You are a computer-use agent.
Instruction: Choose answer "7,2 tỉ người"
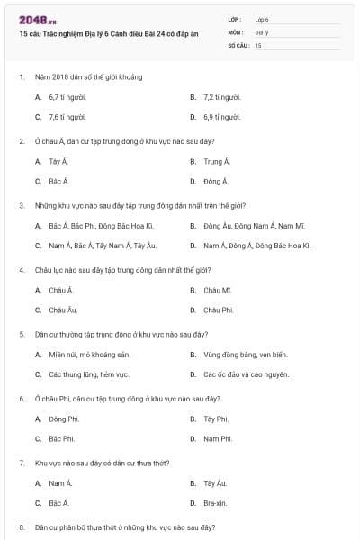pyautogui.click(x=221, y=96)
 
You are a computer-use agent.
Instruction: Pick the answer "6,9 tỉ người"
pyautogui.click(x=221, y=117)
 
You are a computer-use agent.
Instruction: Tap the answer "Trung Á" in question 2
pyautogui.click(x=216, y=161)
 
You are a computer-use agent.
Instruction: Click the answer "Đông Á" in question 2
pyautogui.click(x=216, y=181)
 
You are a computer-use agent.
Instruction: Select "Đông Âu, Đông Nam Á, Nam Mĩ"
pyautogui.click(x=254, y=225)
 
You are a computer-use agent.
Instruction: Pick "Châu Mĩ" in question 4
pyautogui.click(x=218, y=290)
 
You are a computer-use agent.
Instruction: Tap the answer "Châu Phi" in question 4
pyautogui.click(x=218, y=310)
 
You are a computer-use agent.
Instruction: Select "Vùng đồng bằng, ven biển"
pyautogui.click(x=245, y=354)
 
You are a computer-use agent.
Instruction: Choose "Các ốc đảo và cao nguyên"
pyautogui.click(x=246, y=374)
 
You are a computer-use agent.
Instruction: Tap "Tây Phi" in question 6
pyautogui.click(x=216, y=418)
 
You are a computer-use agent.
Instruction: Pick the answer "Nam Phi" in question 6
pyautogui.click(x=217, y=438)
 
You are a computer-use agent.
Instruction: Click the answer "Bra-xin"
pyautogui.click(x=216, y=503)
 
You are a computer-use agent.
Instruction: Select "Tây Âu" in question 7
pyautogui.click(x=215, y=483)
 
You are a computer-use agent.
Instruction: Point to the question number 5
pyautogui.click(x=22, y=334)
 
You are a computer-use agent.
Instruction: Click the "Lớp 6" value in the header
pyautogui.click(x=262, y=19)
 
